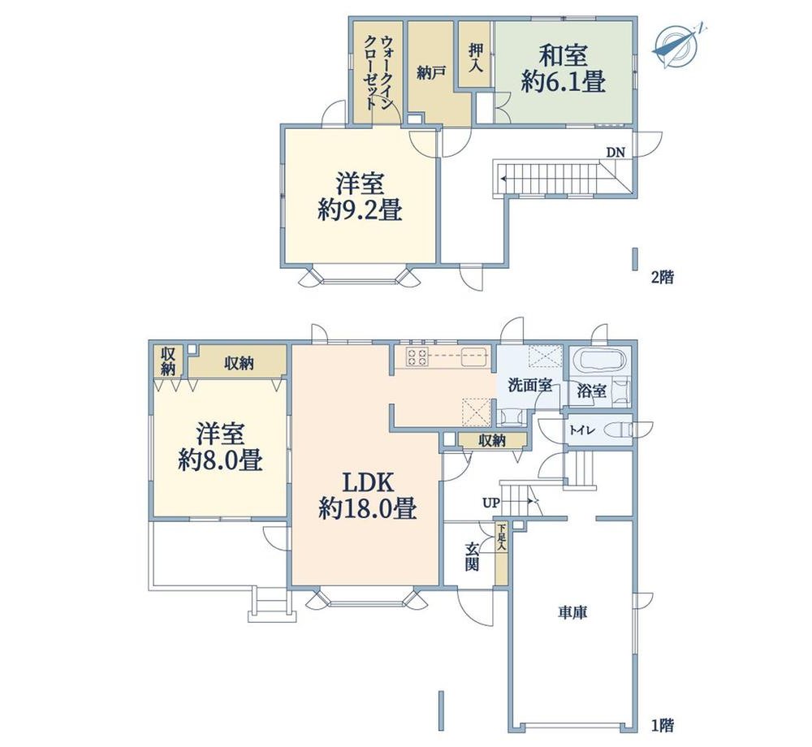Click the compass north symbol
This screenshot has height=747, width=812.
click(676, 46)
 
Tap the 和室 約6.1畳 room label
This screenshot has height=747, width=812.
click(563, 68)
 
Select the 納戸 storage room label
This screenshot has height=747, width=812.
click(431, 72)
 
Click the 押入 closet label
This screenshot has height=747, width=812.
click(475, 57)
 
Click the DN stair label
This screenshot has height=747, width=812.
click(615, 152)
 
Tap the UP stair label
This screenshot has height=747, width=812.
click(490, 502)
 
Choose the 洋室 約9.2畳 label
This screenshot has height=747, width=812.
click(360, 196)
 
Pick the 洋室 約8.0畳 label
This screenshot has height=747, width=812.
click(220, 447)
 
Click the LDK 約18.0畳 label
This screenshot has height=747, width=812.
click(368, 496)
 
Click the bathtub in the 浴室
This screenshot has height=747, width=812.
click(599, 361)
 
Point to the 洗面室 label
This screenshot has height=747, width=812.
click(529, 385)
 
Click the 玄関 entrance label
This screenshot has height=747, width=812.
click(471, 556)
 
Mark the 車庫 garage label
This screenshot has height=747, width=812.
click(572, 613)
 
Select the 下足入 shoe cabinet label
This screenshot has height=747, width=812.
click(501, 538)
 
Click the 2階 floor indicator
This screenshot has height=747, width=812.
click(663, 278)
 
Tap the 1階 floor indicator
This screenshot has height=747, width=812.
click(663, 725)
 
